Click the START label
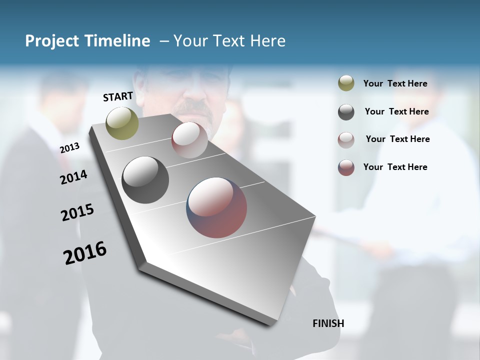[118, 96]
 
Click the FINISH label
[328, 323]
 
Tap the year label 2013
[69, 148]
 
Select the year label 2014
[73, 177]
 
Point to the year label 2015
[77, 212]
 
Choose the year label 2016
[85, 253]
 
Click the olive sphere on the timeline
[122, 123]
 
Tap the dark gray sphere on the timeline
[145, 180]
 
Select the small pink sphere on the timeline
[189, 140]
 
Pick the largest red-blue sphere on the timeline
[216, 207]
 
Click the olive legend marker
[346, 83]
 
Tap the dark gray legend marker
[346, 112]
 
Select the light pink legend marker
[346, 139]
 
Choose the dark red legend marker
[346, 167]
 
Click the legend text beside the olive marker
[395, 84]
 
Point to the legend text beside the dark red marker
[395, 167]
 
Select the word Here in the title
[267, 41]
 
